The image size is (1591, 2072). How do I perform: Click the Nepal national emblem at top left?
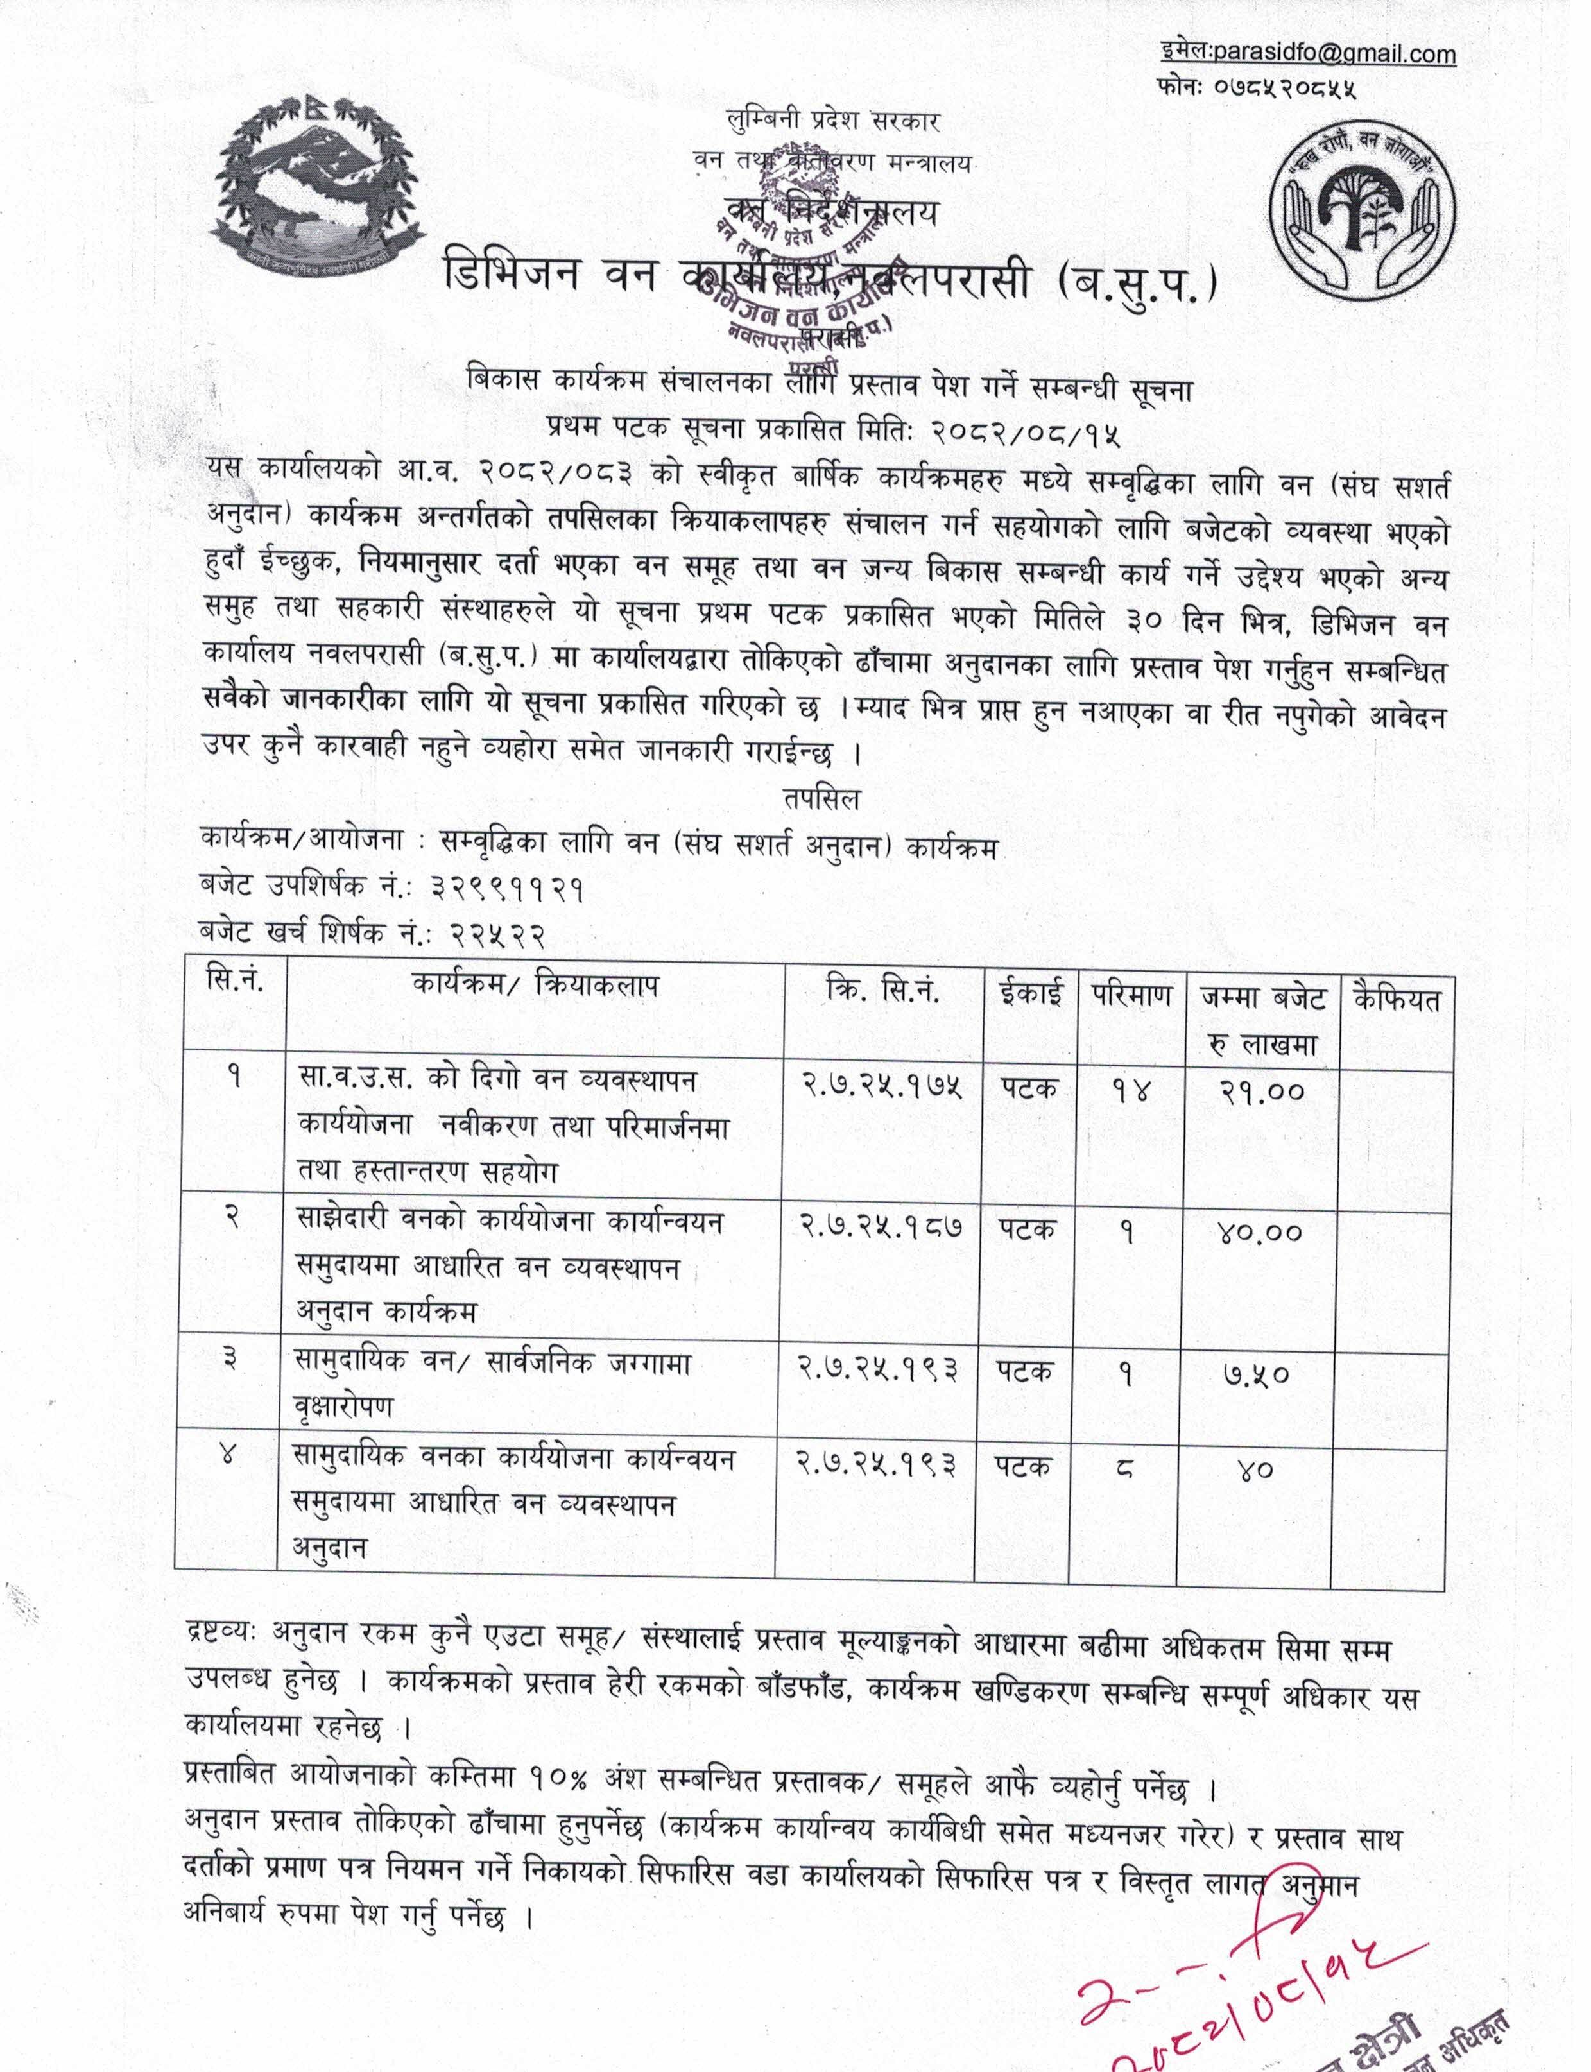pyautogui.click(x=313, y=187)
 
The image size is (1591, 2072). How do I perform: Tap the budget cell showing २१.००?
pyautogui.click(x=1261, y=1091)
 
